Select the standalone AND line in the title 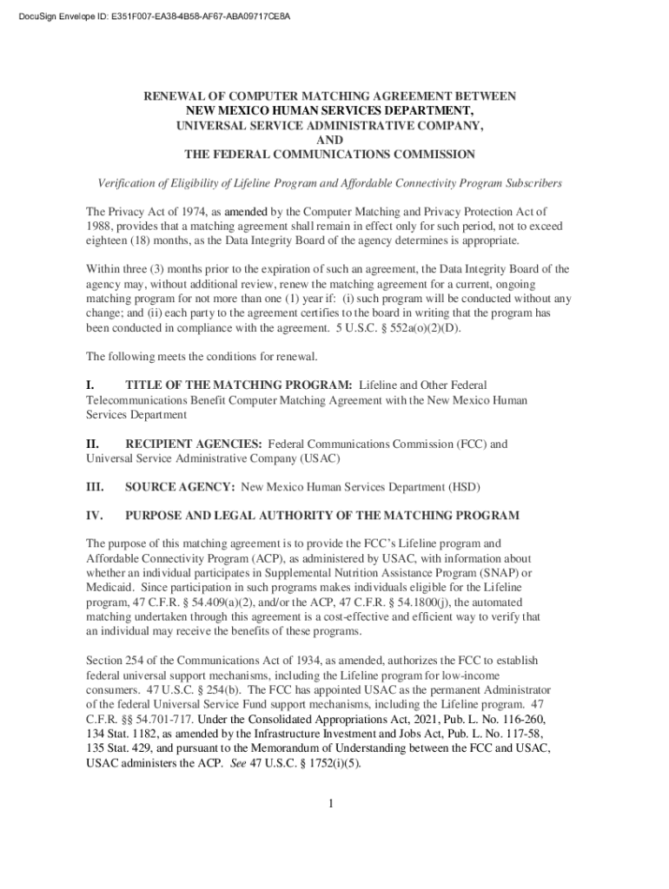pos(330,140)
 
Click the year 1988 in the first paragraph pos(98,226)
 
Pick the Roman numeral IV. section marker pos(95,516)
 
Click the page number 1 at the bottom pos(331,803)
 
